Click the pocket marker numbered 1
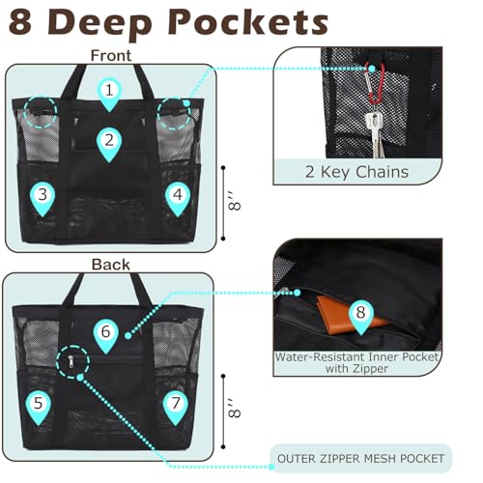click(109, 94)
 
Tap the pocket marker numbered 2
click(109, 143)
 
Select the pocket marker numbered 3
click(43, 198)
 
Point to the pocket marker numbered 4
click(178, 198)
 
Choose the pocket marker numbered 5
click(39, 407)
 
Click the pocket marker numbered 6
click(106, 335)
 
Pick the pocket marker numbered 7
click(176, 407)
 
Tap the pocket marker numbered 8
click(361, 317)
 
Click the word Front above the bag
click(111, 55)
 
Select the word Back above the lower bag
click(111, 265)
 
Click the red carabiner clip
click(376, 83)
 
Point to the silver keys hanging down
click(376, 132)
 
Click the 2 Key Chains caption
click(356, 172)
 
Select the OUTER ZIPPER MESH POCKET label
click(360, 459)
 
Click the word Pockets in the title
click(248, 23)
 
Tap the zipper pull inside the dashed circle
click(71, 362)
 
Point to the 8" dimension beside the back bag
click(235, 409)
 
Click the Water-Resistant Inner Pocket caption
click(356, 362)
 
